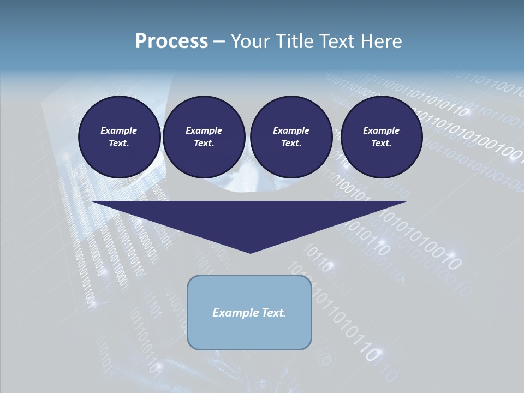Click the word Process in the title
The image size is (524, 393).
(171, 41)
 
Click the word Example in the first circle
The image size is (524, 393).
(119, 130)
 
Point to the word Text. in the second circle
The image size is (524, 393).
(204, 143)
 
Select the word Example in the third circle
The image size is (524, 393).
(291, 130)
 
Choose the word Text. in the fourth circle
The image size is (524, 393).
(381, 143)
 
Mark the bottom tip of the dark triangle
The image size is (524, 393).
(250, 252)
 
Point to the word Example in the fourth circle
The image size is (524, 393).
(381, 130)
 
